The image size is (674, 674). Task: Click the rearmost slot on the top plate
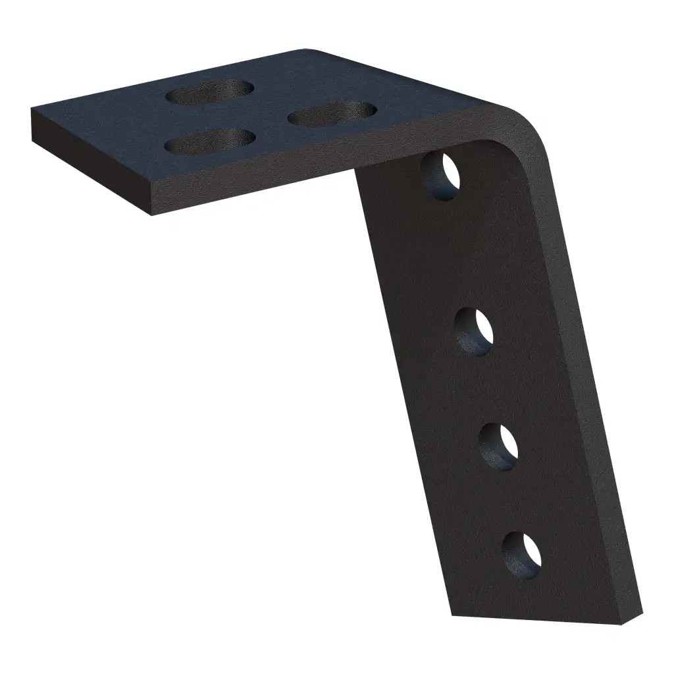[x=210, y=91]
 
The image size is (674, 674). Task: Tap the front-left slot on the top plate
[x=210, y=141]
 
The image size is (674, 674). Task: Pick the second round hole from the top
[x=475, y=332]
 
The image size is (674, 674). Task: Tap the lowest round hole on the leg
[x=522, y=554]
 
